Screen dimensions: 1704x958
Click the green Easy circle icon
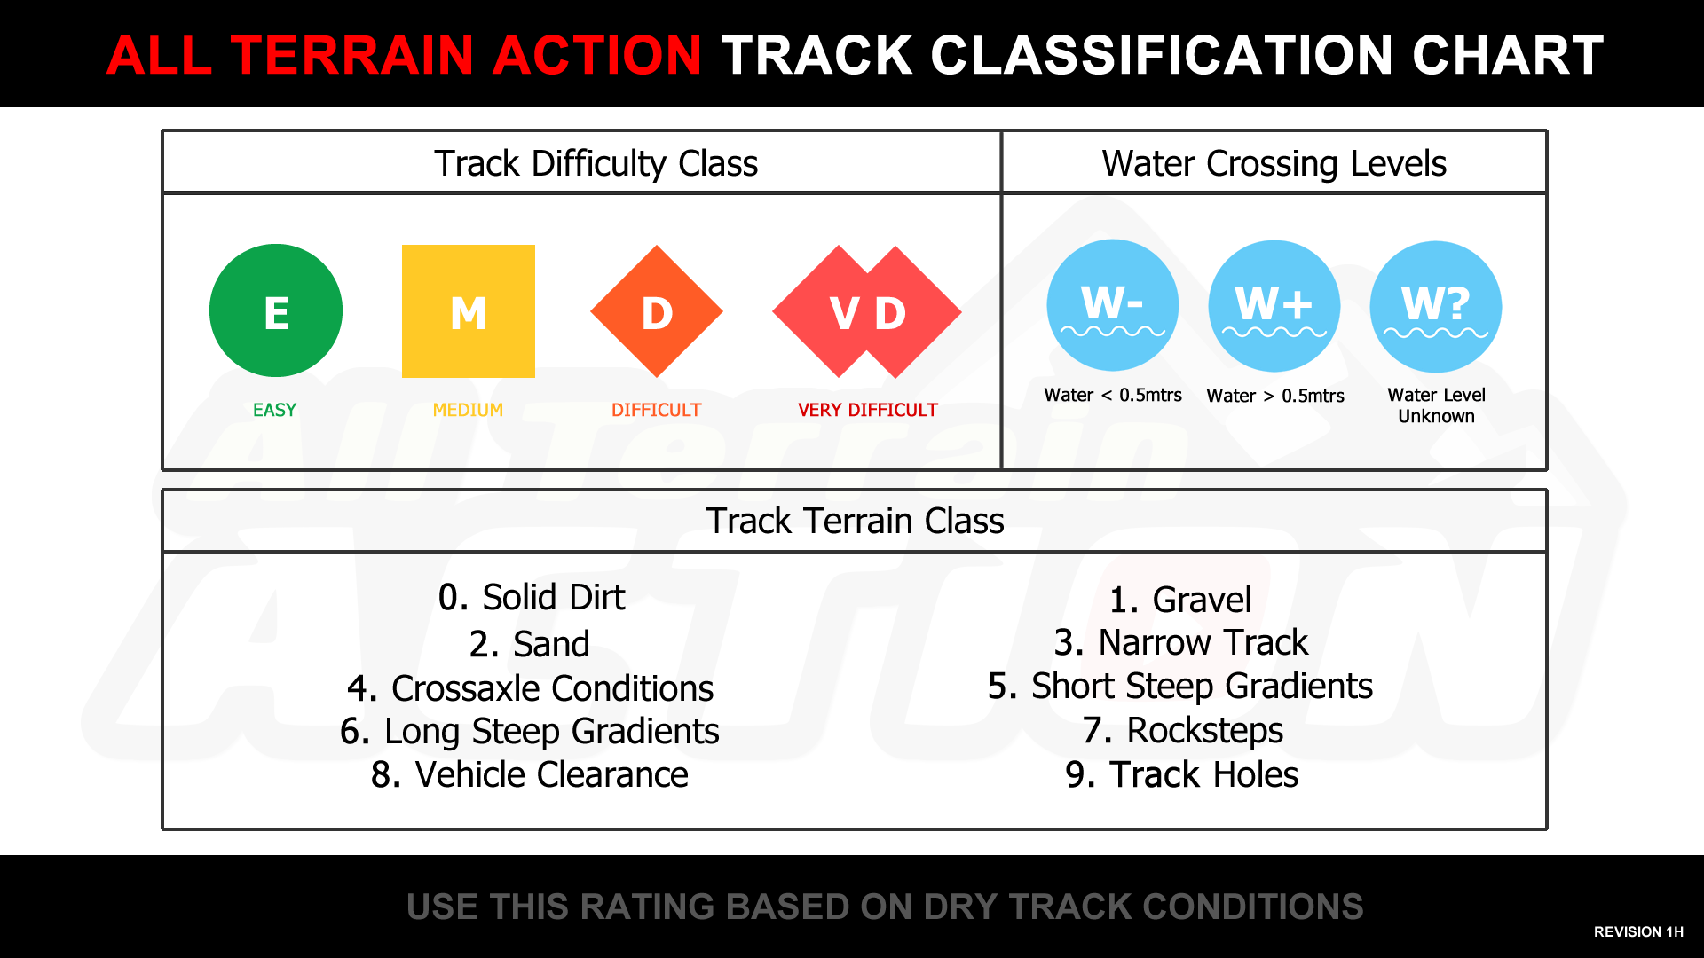tap(276, 310)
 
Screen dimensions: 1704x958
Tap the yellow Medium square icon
tap(469, 311)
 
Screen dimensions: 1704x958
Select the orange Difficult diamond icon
tap(657, 311)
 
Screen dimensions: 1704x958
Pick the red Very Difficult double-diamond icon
tap(867, 311)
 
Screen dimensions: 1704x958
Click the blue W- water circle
tap(1113, 305)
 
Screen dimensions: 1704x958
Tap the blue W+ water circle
tap(1274, 306)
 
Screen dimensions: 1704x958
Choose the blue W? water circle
tap(1436, 307)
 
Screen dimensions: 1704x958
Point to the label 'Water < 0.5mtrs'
tap(1113, 396)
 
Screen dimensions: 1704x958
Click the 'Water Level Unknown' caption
tap(1437, 405)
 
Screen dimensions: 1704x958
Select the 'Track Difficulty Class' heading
tap(596, 164)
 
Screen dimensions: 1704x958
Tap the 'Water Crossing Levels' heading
tap(1274, 164)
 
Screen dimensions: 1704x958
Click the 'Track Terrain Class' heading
tap(856, 521)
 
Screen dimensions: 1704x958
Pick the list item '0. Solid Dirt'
tap(532, 597)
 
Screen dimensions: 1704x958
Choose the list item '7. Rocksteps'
tap(1183, 731)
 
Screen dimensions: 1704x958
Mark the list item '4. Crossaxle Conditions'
tap(531, 688)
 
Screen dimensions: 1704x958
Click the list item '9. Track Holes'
tap(1182, 774)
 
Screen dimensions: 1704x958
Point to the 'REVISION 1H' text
tap(1638, 931)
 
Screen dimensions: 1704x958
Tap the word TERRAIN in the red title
tap(353, 55)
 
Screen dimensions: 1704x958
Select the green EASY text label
tap(275, 410)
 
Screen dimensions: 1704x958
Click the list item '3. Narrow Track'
tap(1181, 642)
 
